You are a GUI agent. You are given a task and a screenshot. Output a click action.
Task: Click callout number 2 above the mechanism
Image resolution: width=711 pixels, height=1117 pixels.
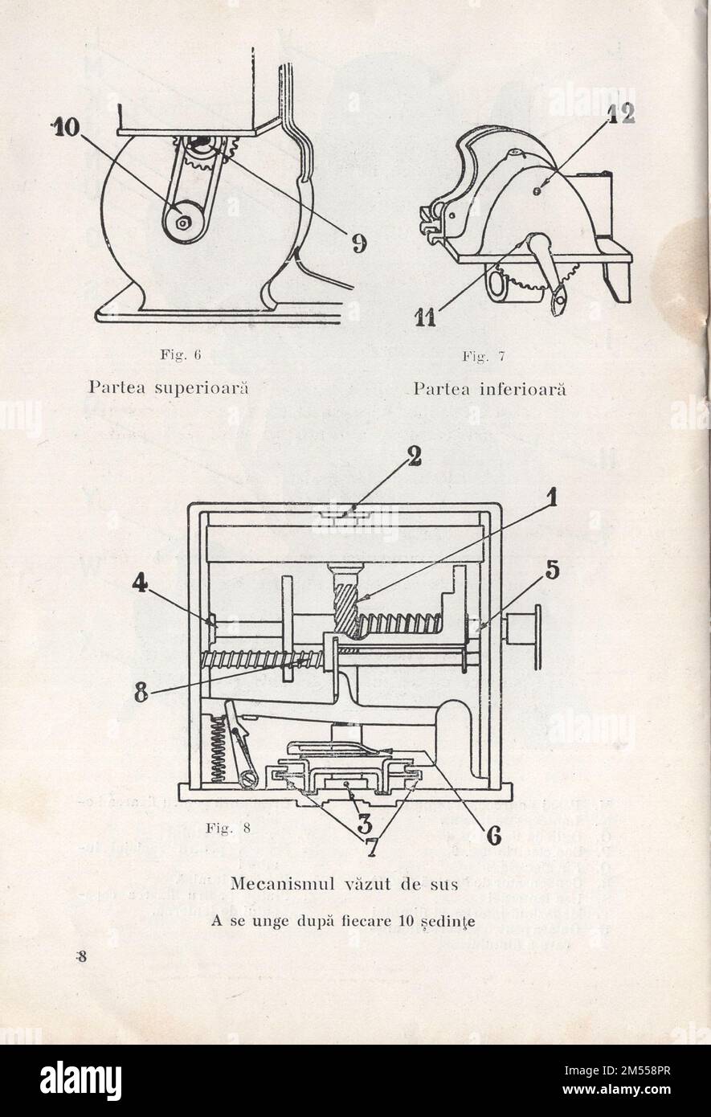pos(413,458)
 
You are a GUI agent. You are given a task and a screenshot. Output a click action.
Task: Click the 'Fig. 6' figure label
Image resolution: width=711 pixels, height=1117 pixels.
pos(175,354)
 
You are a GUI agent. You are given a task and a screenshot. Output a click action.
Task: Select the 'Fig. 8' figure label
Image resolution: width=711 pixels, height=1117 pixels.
pos(229,829)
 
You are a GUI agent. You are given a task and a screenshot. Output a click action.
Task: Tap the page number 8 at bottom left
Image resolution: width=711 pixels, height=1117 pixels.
pos(81,956)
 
